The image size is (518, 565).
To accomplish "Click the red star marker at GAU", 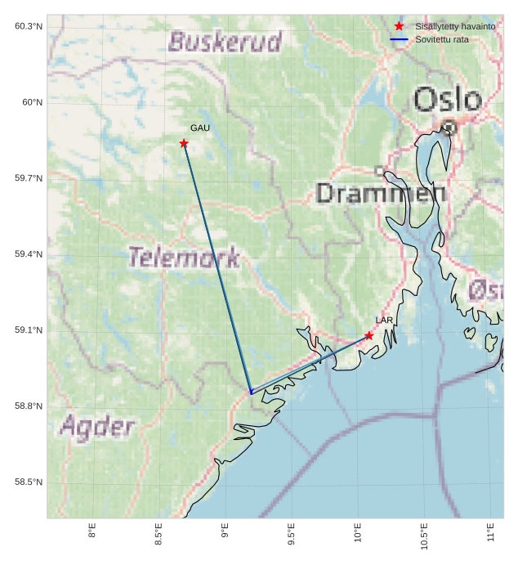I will click(x=184, y=144).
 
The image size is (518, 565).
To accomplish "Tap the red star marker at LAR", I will click(x=369, y=336).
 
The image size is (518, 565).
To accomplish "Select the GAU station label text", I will click(x=200, y=128).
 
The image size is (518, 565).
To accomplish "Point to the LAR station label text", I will click(x=384, y=321).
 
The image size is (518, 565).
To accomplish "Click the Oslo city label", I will click(x=447, y=100).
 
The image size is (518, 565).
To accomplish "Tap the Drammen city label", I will click(x=381, y=194).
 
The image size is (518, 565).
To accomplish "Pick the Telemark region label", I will click(x=184, y=258).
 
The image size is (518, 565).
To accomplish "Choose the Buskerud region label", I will click(x=225, y=42).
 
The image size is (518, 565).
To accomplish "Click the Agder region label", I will click(x=97, y=426).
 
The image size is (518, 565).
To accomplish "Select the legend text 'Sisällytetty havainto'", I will click(x=455, y=26).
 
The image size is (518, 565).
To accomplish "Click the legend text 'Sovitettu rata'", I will click(x=442, y=39).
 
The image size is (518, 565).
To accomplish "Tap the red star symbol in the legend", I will click(x=399, y=26).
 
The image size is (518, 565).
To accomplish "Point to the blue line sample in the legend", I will click(x=399, y=39).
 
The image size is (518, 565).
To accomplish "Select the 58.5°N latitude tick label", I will click(x=29, y=482).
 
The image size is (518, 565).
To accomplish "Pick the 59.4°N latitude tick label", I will click(x=29, y=254).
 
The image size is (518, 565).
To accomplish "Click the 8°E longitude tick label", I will click(x=92, y=532).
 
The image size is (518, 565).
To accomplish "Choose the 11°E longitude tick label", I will click(x=490, y=532).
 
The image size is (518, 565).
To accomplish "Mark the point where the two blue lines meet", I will click(x=251, y=393).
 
